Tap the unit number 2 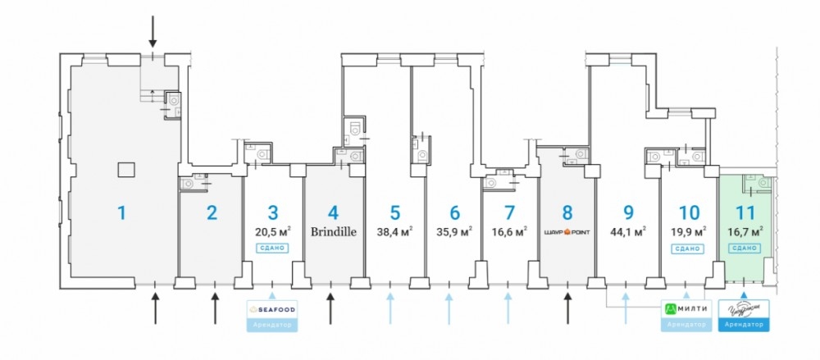point(212,213)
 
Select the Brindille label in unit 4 point(334,231)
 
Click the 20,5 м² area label point(274,231)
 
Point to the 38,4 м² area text point(394,231)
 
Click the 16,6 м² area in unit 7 point(509,231)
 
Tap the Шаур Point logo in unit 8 point(567,232)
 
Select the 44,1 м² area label point(628,231)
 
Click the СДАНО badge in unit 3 point(274,247)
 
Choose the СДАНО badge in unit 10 point(689,247)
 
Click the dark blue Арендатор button point(745,326)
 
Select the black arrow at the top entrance point(153,31)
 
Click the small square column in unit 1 point(125,170)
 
